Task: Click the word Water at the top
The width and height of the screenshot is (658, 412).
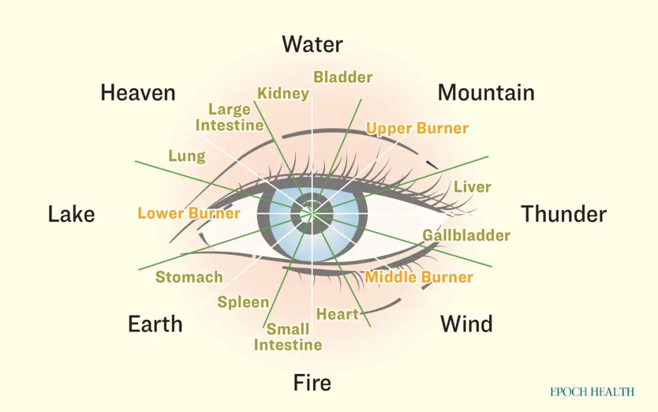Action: [312, 44]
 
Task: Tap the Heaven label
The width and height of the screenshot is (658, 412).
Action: [138, 93]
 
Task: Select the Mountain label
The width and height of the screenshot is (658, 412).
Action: [486, 93]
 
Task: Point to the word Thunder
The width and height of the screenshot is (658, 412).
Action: [564, 214]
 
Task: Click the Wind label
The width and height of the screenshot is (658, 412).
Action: [467, 324]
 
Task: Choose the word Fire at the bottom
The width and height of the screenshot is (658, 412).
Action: [312, 382]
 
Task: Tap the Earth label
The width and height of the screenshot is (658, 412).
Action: [156, 324]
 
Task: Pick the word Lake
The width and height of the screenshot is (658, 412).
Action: [71, 214]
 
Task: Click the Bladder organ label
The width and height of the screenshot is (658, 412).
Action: [343, 76]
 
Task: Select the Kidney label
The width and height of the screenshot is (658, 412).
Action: [283, 93]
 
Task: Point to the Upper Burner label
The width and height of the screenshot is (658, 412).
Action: [417, 128]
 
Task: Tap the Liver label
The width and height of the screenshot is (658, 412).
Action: [472, 186]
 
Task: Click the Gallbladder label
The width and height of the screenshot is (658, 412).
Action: [467, 235]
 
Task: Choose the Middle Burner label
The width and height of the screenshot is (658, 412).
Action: [419, 277]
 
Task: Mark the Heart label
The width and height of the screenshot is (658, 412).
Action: [337, 314]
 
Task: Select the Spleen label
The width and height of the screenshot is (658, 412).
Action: [244, 302]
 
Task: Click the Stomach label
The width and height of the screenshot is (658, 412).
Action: [190, 277]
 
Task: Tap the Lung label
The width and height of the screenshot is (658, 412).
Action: [187, 156]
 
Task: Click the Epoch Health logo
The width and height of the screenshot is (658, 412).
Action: [592, 392]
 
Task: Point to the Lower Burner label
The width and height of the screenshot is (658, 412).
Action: [189, 213]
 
